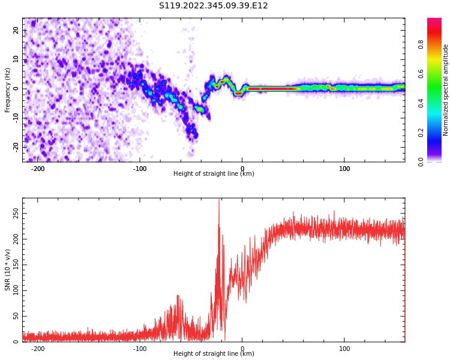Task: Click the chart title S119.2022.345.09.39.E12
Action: point(213,6)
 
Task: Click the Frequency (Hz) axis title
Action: point(8,90)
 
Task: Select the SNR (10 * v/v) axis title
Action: point(8,270)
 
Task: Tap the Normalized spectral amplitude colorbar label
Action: point(446,90)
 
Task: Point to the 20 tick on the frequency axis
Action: point(16,31)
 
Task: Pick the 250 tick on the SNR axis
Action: point(14,214)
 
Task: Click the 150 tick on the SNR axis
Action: point(14,265)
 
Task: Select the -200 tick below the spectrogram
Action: point(38,169)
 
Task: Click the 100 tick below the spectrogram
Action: point(344,169)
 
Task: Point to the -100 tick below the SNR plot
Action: point(140,349)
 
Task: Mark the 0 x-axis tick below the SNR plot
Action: point(242,349)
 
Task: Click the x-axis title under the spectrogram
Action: point(214,174)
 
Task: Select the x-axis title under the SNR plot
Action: point(214,354)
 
